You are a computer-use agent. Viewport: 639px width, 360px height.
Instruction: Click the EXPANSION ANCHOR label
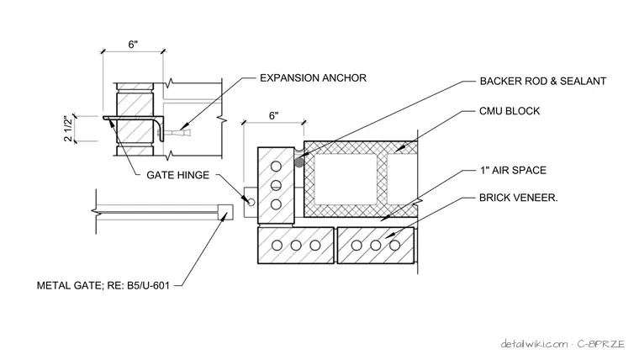313,78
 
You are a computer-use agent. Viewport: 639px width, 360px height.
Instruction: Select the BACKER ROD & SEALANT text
543,81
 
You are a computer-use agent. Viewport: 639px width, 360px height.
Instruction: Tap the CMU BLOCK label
510,111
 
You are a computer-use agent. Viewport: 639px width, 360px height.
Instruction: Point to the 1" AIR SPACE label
513,170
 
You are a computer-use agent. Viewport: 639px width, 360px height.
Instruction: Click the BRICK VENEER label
519,198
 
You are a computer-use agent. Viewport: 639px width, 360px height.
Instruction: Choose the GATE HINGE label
177,175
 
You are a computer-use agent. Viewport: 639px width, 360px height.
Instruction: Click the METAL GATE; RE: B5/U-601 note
103,285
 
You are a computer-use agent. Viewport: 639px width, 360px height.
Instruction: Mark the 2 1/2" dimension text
68,129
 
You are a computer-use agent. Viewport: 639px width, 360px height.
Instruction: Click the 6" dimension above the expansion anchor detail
133,45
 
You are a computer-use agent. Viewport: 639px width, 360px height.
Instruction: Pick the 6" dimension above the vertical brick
274,116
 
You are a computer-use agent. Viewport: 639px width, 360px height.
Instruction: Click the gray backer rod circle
299,162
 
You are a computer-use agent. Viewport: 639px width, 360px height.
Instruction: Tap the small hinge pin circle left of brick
251,202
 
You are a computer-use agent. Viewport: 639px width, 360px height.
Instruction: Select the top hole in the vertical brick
276,167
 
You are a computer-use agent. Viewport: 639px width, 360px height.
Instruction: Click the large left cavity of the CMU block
346,179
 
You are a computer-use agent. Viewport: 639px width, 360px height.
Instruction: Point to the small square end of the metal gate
225,212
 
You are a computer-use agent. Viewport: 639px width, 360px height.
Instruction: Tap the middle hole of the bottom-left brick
296,246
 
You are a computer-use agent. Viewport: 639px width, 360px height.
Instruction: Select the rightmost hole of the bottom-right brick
394,246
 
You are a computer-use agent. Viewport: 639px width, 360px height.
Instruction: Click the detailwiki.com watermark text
534,344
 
